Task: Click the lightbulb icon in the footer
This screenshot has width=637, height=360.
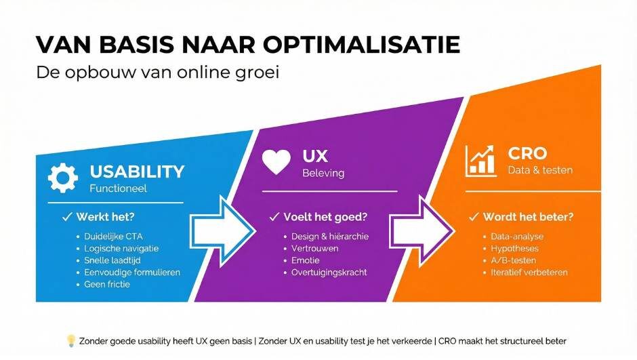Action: click(x=70, y=340)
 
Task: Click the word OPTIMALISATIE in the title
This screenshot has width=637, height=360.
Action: click(x=360, y=45)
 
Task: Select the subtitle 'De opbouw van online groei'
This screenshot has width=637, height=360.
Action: click(x=157, y=73)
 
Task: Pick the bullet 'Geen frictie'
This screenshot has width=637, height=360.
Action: click(x=107, y=284)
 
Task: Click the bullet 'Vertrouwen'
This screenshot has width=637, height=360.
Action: click(x=314, y=248)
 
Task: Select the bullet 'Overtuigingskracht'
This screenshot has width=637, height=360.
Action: click(x=329, y=273)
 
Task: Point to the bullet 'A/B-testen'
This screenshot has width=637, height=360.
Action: click(x=514, y=260)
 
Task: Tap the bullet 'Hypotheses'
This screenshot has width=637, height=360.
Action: click(x=514, y=248)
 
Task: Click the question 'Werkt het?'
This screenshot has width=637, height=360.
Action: click(x=104, y=217)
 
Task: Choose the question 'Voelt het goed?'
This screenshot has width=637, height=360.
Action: click(x=325, y=217)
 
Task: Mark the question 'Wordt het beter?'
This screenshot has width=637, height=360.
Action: click(x=528, y=217)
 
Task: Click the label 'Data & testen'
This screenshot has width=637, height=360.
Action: click(x=540, y=170)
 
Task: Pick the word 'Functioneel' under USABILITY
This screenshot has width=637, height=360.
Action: click(x=119, y=188)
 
